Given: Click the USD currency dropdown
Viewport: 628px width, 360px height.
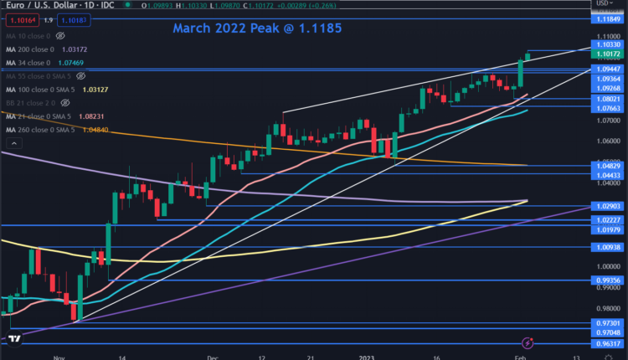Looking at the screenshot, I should (605, 3).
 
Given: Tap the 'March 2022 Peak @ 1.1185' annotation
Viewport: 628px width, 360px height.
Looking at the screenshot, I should (257, 28).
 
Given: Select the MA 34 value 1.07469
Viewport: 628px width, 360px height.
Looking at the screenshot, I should (69, 63).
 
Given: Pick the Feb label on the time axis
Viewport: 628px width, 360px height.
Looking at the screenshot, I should (519, 356).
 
